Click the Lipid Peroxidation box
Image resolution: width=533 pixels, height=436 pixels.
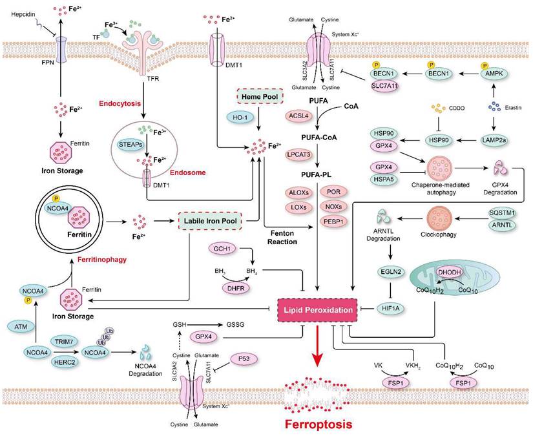(x=317, y=310)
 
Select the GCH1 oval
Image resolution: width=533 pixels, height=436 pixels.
(x=220, y=249)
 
